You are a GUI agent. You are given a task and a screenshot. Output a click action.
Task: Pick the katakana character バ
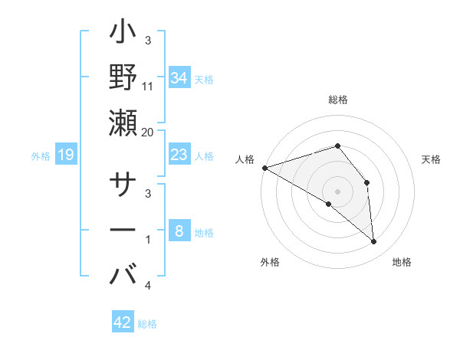(123, 273)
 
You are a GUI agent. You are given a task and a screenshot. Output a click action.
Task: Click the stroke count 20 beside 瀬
(147, 133)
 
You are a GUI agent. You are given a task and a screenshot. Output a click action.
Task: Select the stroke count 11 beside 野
(147, 85)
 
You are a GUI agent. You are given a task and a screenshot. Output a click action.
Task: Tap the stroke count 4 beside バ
(147, 286)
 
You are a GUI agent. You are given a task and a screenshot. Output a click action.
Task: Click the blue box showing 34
(179, 77)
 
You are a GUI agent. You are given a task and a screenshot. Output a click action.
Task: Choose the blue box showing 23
(179, 155)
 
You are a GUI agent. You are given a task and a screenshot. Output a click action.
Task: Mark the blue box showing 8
(179, 231)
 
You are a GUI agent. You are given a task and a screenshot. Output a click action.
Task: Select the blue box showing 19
(66, 155)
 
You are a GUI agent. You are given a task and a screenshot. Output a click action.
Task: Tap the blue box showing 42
(123, 322)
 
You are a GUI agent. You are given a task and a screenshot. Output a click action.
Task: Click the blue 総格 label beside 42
(147, 324)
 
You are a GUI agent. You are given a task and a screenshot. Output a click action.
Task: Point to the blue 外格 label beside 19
(41, 156)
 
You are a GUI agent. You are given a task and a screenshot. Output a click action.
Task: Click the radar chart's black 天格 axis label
(432, 159)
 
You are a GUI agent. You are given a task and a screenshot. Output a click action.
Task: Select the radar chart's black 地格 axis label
(402, 262)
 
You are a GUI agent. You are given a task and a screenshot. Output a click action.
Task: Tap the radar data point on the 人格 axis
(264, 167)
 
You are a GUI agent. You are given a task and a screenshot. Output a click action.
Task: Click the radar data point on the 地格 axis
(374, 242)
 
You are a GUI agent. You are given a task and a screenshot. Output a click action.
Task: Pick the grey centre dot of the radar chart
(337, 191)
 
